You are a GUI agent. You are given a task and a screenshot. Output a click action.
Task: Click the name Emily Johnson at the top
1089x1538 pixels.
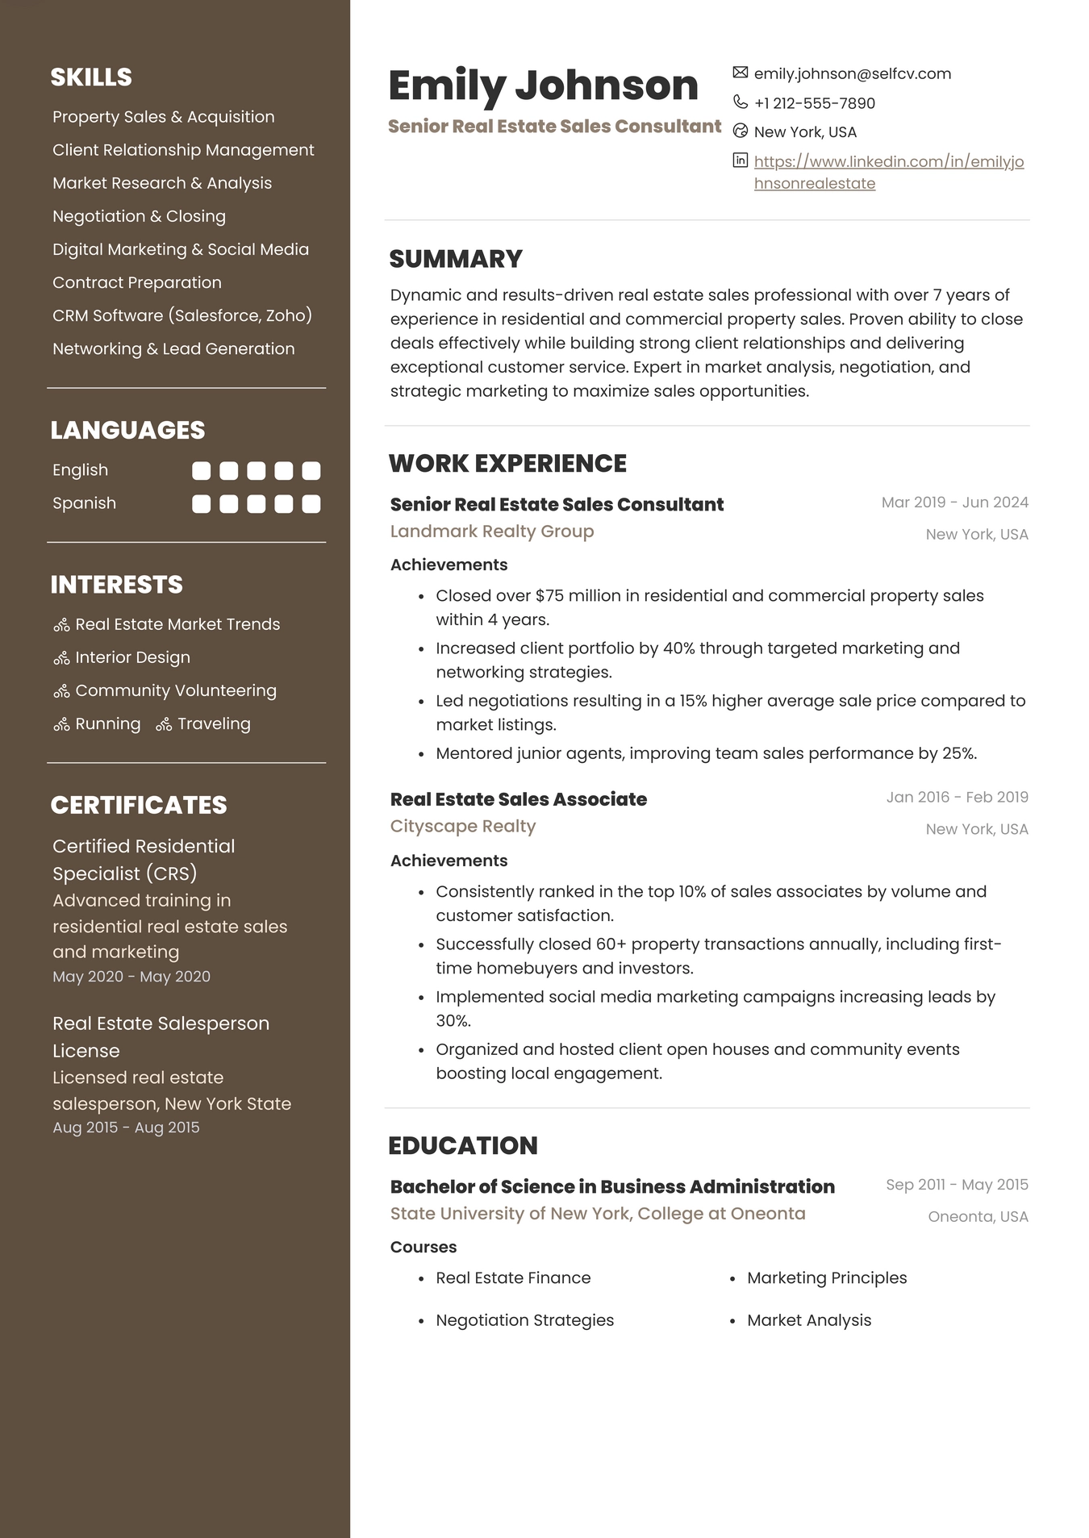pyautogui.click(x=543, y=85)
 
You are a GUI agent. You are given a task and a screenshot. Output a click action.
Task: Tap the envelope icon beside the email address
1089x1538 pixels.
pyautogui.click(x=740, y=73)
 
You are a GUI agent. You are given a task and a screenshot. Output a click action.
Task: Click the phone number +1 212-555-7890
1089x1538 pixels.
pyautogui.click(x=814, y=103)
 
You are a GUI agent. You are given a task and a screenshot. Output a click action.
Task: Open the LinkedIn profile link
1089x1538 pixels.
pyautogui.click(x=888, y=162)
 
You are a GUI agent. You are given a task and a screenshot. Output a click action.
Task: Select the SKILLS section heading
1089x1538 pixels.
pyautogui.click(x=91, y=77)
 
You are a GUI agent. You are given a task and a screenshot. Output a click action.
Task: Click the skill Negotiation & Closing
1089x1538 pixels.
pyautogui.click(x=139, y=216)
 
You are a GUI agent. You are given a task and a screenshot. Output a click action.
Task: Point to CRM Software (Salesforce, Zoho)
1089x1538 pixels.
pyautogui.click(x=181, y=315)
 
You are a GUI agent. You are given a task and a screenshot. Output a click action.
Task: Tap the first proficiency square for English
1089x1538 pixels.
pyautogui.click(x=201, y=471)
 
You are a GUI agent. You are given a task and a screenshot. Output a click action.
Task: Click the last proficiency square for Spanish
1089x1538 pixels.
pyautogui.click(x=311, y=504)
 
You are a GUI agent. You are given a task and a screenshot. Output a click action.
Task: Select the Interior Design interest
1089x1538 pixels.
pyautogui.click(x=132, y=657)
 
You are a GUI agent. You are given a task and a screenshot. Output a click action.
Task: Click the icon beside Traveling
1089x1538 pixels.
pyautogui.click(x=164, y=725)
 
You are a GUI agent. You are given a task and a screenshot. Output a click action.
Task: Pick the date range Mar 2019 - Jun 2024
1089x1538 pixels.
pyautogui.click(x=954, y=502)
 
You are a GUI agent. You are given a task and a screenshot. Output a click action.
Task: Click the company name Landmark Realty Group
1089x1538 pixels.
pyautogui.click(x=492, y=531)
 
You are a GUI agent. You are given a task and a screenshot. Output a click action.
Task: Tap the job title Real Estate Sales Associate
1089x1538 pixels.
pyautogui.click(x=518, y=799)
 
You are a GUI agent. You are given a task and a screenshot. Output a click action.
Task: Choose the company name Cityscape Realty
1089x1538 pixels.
pyautogui.click(x=462, y=827)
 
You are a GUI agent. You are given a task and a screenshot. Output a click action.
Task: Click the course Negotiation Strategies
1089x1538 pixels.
pyautogui.click(x=524, y=1320)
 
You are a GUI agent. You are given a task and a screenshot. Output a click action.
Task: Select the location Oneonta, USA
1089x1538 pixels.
pyautogui.click(x=978, y=1217)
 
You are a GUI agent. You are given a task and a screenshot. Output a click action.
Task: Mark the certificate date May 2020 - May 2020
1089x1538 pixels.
pyautogui.click(x=131, y=977)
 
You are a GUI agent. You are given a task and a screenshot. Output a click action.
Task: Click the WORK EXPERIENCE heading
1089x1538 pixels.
pyautogui.click(x=507, y=464)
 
